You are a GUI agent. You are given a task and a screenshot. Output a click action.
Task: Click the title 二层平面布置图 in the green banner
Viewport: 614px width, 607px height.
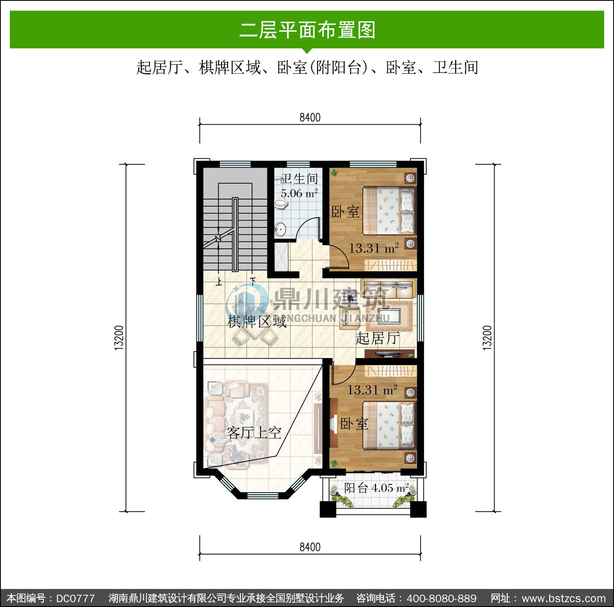(307, 30)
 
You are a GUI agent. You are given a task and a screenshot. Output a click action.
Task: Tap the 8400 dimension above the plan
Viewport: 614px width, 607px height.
(310, 118)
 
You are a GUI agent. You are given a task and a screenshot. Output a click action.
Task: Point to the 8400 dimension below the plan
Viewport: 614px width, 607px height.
(310, 547)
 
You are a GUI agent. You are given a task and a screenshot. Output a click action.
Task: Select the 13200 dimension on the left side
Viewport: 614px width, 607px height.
(119, 337)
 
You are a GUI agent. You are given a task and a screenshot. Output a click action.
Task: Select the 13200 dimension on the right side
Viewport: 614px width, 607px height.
(487, 337)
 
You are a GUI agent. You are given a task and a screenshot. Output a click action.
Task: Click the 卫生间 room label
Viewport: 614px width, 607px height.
(300, 179)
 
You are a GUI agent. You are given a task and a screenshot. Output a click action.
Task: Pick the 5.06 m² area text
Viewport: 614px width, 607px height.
(299, 193)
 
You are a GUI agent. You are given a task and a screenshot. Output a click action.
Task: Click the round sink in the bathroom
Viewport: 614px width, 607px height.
(280, 230)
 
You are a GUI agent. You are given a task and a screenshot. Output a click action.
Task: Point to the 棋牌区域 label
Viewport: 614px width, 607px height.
(257, 322)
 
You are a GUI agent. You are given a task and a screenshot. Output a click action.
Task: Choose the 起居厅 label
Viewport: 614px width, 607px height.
(377, 338)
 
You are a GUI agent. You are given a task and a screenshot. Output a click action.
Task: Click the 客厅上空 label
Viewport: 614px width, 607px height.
(254, 432)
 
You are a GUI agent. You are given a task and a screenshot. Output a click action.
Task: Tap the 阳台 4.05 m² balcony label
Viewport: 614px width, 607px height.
(376, 488)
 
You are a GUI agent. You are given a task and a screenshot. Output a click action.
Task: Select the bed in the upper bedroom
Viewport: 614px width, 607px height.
(389, 210)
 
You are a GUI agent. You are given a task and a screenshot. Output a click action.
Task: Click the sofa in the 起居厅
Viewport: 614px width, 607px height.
(388, 288)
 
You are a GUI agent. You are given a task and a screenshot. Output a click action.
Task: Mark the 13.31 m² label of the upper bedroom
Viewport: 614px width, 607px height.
(373, 248)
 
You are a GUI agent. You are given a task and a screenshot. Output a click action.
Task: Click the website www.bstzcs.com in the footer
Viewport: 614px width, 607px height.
(564, 598)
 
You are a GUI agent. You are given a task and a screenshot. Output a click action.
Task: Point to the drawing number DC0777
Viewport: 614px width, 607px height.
(75, 598)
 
